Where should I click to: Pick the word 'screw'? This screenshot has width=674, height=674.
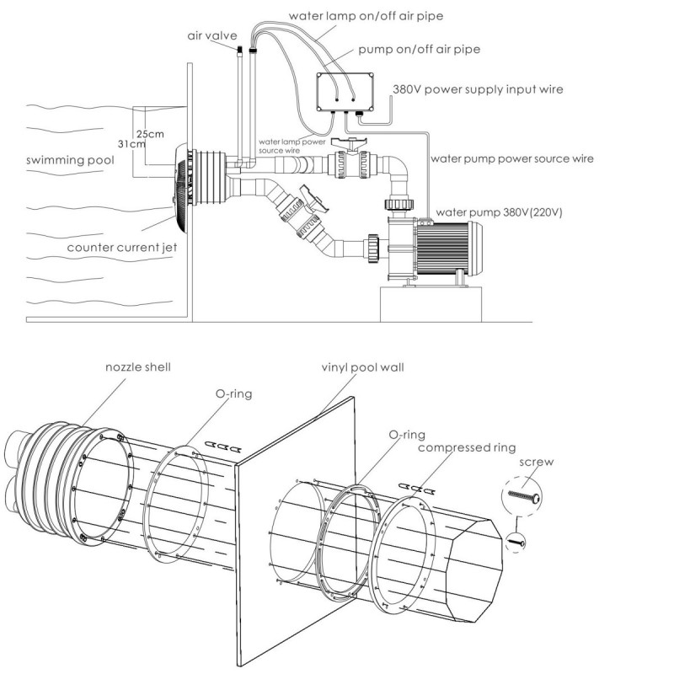tap(538, 462)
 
